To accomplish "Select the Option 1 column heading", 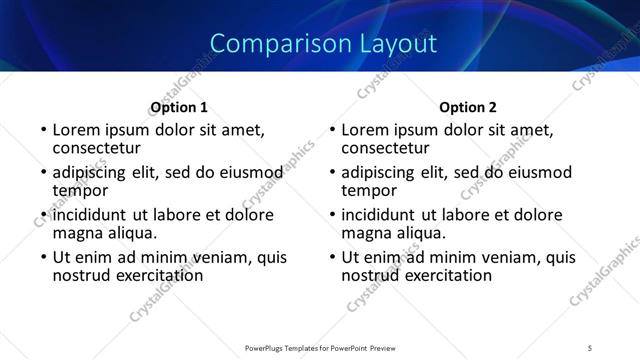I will tap(179, 107).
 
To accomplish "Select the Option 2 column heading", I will tap(468, 107).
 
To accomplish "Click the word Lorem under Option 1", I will tap(78, 130).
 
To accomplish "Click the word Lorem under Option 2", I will tap(367, 130).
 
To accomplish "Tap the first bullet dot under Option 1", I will tap(43, 131).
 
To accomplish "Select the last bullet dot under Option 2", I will tap(332, 258).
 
